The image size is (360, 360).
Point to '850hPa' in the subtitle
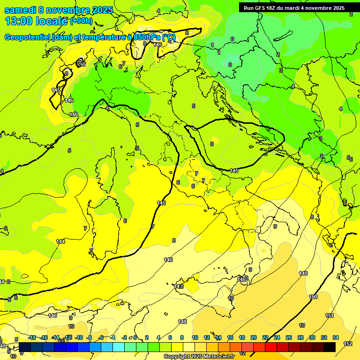pyautogui.click(x=142, y=37)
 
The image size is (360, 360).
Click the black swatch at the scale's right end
pyautogui.click(x=329, y=346)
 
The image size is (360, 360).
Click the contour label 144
pyautogui.click(x=60, y=241)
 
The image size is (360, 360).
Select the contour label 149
pyautogui.click(x=303, y=273)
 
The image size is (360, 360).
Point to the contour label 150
pyautogui.click(x=313, y=297)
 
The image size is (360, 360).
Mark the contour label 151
pyautogui.click(x=330, y=315)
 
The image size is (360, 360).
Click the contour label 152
pyautogui.click(x=348, y=344)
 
